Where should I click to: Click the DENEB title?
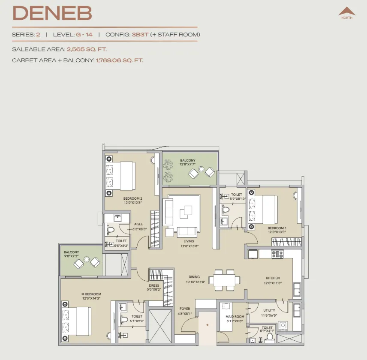pos(52,13)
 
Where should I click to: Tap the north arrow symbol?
pos(347,11)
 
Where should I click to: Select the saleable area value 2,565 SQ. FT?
pos(87,49)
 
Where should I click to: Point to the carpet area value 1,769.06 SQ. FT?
pos(119,60)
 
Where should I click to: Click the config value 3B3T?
pos(140,35)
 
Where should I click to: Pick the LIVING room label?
pos(189,241)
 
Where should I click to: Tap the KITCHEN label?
pos(273,278)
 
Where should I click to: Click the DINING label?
pos(194,277)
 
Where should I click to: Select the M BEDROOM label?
pos(91,294)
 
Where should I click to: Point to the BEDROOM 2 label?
pos(133,198)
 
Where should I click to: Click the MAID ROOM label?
pos(235,316)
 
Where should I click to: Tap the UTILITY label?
pos(269,310)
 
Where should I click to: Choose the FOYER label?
pos(185,309)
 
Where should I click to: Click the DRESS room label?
pos(154,285)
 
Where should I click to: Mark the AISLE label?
pos(138,224)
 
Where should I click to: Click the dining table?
pos(224,280)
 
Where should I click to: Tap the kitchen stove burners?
pos(277,254)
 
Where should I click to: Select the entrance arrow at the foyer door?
pos(207,325)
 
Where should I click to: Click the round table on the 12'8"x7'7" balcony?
pos(201,169)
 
